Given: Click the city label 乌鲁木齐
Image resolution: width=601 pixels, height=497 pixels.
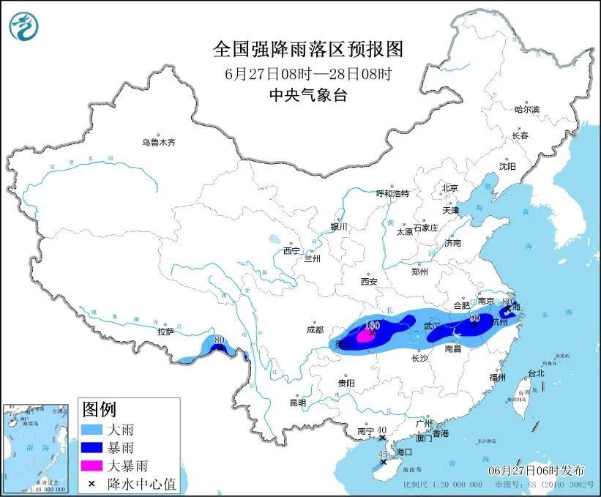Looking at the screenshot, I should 159,143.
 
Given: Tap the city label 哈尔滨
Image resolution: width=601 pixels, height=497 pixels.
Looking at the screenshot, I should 526,110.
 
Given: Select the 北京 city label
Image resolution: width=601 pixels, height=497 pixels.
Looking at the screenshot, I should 449,188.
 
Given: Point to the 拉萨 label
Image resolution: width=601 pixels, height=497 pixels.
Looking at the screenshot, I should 165,332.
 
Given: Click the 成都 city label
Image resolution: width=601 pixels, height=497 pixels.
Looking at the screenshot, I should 316,329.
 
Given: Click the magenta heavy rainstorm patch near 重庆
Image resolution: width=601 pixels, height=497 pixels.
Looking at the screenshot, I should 364,337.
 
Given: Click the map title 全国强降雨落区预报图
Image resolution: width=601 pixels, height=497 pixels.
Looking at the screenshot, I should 307,49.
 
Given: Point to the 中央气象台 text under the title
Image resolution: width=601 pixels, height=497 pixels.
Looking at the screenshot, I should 307,94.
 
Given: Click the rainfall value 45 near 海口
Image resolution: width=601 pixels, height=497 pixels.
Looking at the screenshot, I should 382,455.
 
